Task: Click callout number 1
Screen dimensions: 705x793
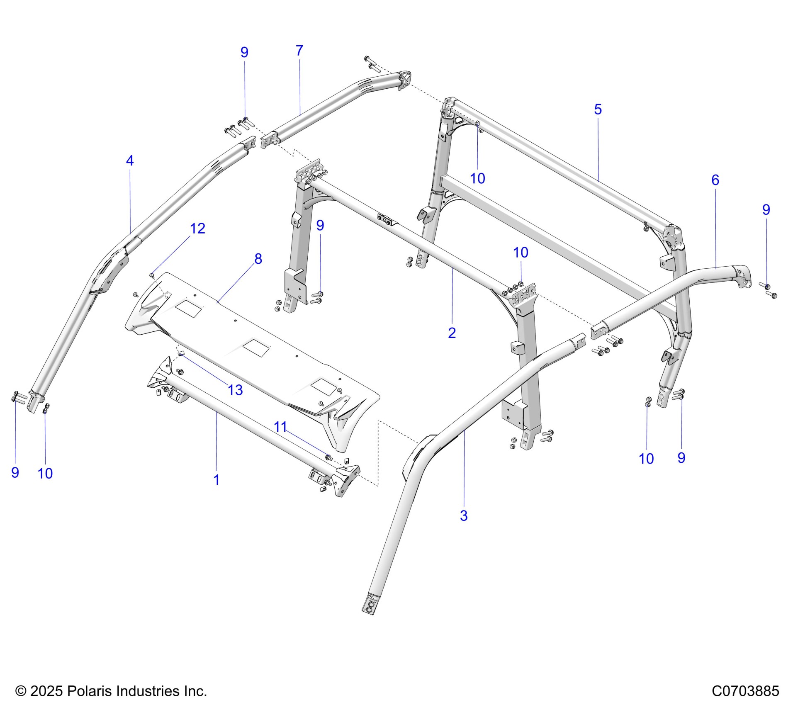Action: coord(216,480)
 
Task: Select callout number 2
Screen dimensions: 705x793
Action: coord(452,333)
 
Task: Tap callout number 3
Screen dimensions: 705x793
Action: coord(464,515)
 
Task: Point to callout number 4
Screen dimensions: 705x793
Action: coord(130,160)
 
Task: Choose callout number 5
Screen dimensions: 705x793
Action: coord(598,109)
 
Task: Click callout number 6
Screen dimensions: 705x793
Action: coord(715,180)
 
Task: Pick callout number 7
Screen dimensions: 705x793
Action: coord(299,51)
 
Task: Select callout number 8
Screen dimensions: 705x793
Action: coord(258,259)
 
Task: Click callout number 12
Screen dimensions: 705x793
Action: coord(197,229)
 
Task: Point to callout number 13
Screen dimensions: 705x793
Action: coord(235,390)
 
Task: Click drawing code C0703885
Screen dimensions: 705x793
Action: coord(745,691)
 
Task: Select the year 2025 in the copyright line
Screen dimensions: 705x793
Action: coord(46,691)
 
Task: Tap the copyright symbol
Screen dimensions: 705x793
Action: coord(21,691)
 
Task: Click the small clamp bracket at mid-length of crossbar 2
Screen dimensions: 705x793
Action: coord(385,220)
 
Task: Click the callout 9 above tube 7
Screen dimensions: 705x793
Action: coord(244,52)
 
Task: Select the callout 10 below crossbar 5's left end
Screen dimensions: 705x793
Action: coord(477,178)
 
